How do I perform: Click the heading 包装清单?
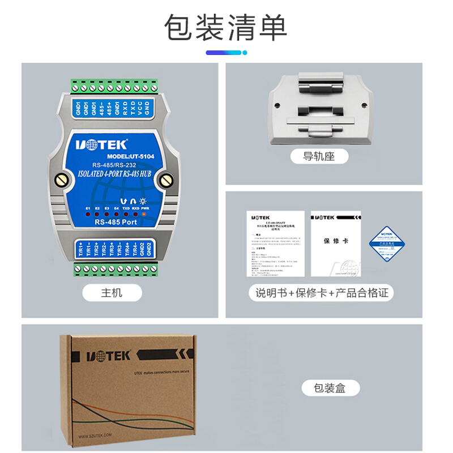(x=226, y=27)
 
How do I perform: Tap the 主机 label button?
(x=112, y=293)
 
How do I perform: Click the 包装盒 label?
(x=330, y=388)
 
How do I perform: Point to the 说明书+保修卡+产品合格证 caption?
(x=322, y=293)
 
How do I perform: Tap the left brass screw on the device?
(x=59, y=181)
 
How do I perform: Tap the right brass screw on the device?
(x=165, y=181)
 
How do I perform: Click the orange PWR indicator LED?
(x=145, y=215)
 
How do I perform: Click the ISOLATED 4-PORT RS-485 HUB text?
(x=112, y=174)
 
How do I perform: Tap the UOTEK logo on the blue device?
(x=97, y=144)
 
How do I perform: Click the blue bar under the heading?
(x=226, y=53)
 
